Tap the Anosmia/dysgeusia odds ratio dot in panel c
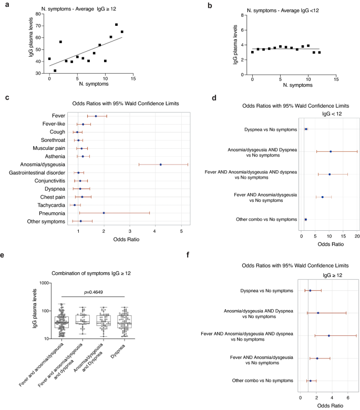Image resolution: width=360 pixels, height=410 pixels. click(x=160, y=165)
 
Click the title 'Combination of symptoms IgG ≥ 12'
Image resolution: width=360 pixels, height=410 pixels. click(x=96, y=273)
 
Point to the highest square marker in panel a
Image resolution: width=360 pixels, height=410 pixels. click(x=116, y=25)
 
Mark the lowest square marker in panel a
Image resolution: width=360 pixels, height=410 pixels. click(x=55, y=70)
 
